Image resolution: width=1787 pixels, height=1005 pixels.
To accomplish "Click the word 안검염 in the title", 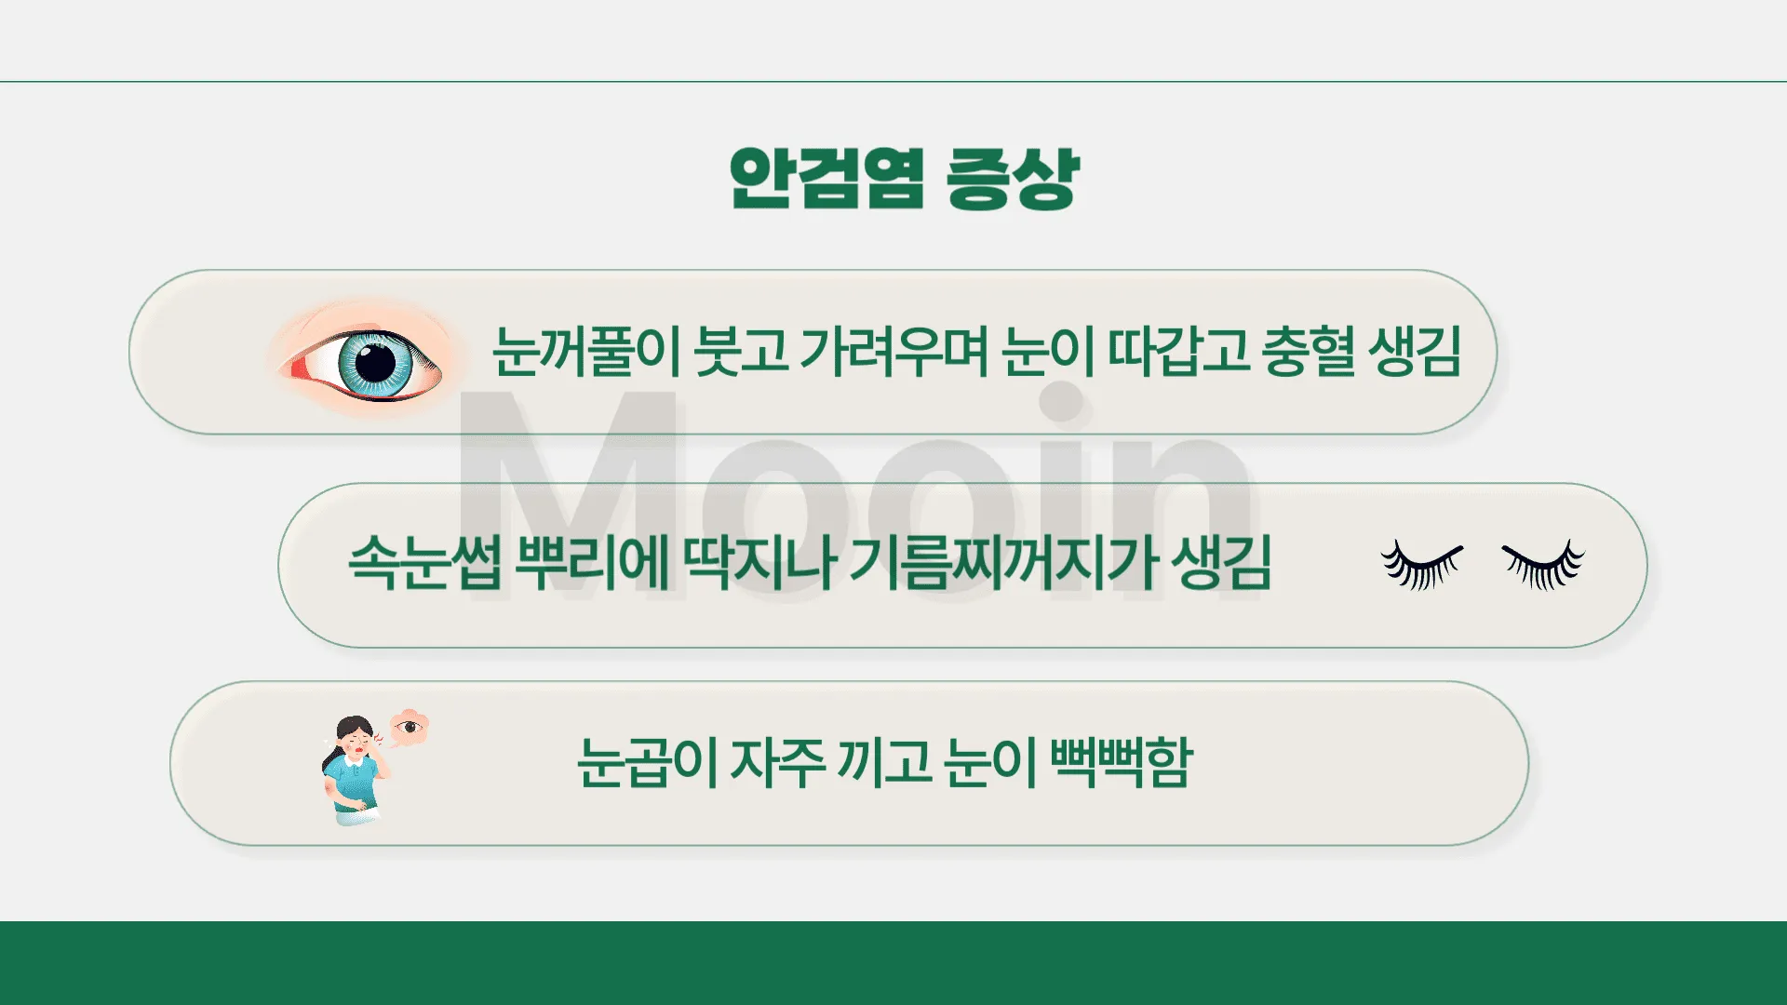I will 826,178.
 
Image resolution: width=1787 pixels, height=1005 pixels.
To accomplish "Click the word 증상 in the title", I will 1012,178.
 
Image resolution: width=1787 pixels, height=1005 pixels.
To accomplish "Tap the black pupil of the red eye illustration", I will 376,361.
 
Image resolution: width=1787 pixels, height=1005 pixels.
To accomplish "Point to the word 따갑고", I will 1177,352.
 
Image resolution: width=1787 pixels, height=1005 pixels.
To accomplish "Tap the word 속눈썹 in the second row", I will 424,562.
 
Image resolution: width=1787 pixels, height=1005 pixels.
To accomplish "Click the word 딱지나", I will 759,562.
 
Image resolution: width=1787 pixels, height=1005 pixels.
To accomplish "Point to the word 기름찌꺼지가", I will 1003,562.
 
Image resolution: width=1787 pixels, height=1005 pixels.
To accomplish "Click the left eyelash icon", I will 1420,565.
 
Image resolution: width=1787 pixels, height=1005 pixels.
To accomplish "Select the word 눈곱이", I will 647,762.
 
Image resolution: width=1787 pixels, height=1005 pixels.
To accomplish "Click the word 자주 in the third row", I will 777,762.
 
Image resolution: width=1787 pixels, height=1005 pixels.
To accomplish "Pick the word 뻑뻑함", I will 1121,762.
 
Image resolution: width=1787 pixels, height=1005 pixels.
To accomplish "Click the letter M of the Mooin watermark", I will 570,493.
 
